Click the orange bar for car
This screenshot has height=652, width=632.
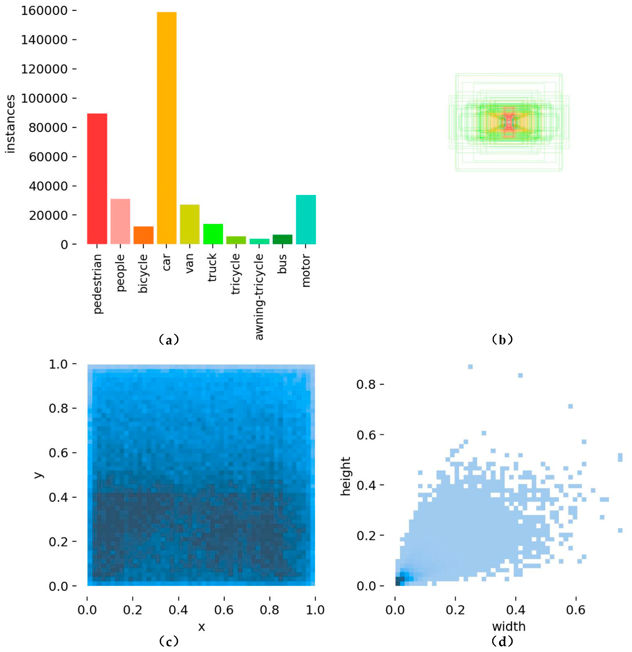point(166,128)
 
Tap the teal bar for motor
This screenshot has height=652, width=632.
point(306,219)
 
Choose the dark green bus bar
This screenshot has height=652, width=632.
point(282,239)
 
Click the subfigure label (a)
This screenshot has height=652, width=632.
point(169,340)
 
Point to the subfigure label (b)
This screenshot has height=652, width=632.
point(502,340)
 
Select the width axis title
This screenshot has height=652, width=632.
point(509,627)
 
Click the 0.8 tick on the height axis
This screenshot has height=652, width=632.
point(366,385)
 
